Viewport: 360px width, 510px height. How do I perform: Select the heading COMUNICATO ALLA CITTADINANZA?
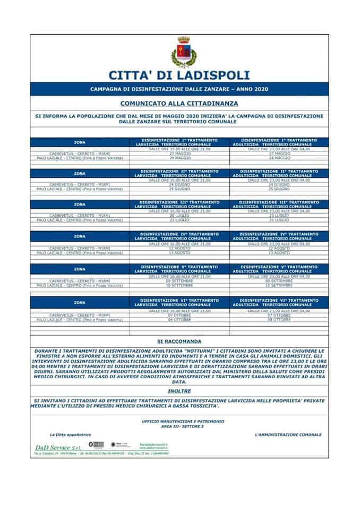coord(179,103)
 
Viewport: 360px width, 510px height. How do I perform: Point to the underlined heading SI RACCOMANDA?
coord(179,341)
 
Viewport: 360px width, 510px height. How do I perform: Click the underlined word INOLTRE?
coord(179,392)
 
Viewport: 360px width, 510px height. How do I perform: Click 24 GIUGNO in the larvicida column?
coord(179,185)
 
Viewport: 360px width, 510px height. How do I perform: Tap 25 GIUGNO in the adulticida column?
coord(279,189)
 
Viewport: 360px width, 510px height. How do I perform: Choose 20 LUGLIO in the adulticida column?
coord(279,216)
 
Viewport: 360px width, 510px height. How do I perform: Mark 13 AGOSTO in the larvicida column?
coord(179,253)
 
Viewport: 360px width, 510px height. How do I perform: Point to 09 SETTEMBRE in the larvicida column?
coord(179,281)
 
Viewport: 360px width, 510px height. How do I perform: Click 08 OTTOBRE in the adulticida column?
coord(279,320)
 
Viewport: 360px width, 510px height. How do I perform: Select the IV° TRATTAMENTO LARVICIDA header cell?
coord(179,236)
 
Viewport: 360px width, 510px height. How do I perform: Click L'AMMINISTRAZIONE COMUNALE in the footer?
coord(288,435)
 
